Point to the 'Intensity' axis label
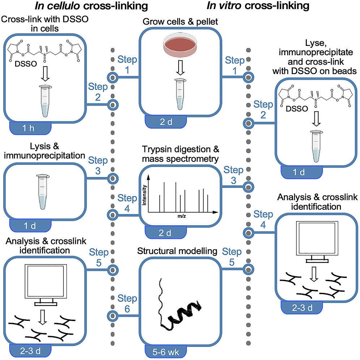[144, 195]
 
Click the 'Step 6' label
[127, 304]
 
